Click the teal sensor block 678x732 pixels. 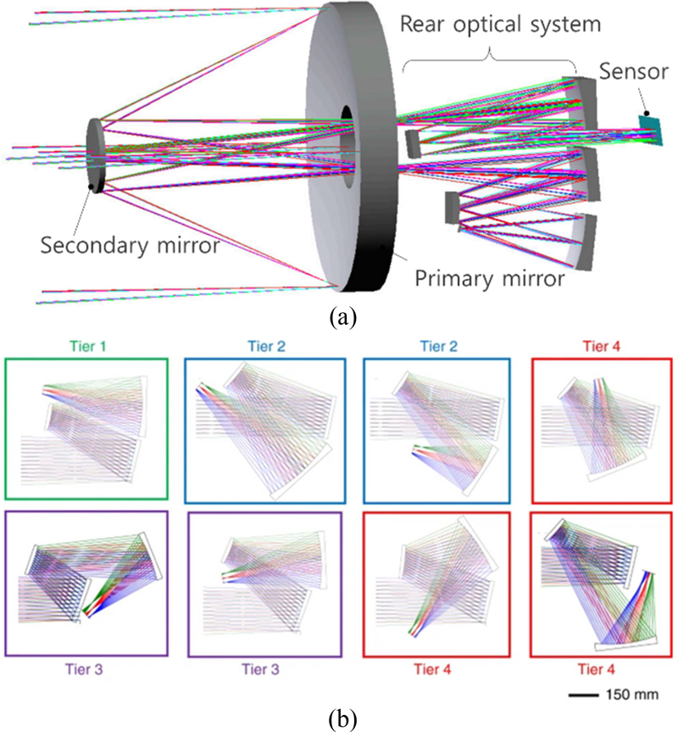[651, 125]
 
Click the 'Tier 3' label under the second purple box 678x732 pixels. [264, 668]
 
